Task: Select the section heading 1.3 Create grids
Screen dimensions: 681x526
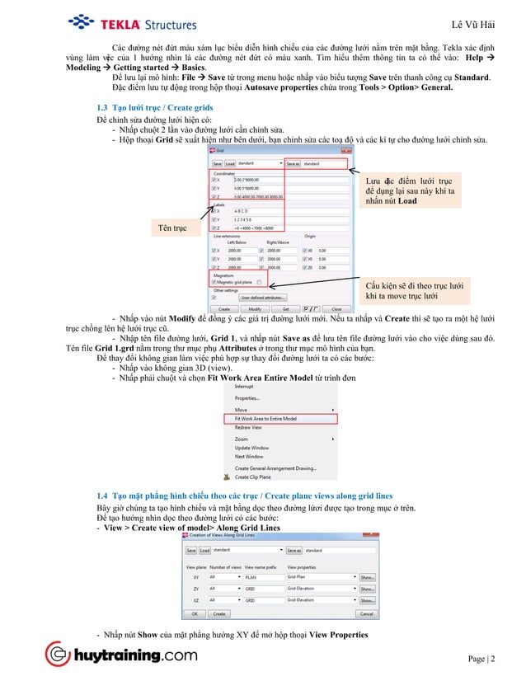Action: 157,108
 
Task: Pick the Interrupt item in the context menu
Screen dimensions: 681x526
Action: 244,387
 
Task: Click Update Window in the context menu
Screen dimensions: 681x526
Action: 252,448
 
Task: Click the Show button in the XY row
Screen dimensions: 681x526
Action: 367,577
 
